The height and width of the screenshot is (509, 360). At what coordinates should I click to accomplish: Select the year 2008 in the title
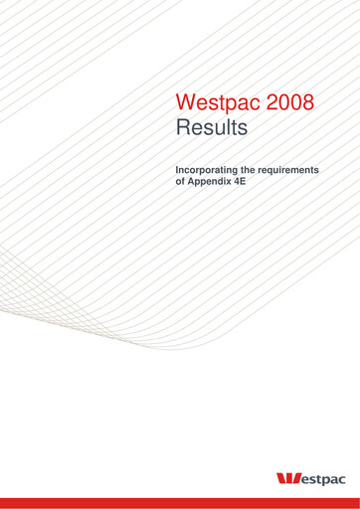289,102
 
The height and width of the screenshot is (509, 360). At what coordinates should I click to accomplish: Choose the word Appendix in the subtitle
209,183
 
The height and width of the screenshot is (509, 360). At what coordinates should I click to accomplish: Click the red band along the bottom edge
180,503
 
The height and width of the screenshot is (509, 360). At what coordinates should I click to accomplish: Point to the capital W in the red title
184,102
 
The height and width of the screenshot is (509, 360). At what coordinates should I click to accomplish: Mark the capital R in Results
182,127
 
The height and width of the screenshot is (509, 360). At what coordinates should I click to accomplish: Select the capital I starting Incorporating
177,171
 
